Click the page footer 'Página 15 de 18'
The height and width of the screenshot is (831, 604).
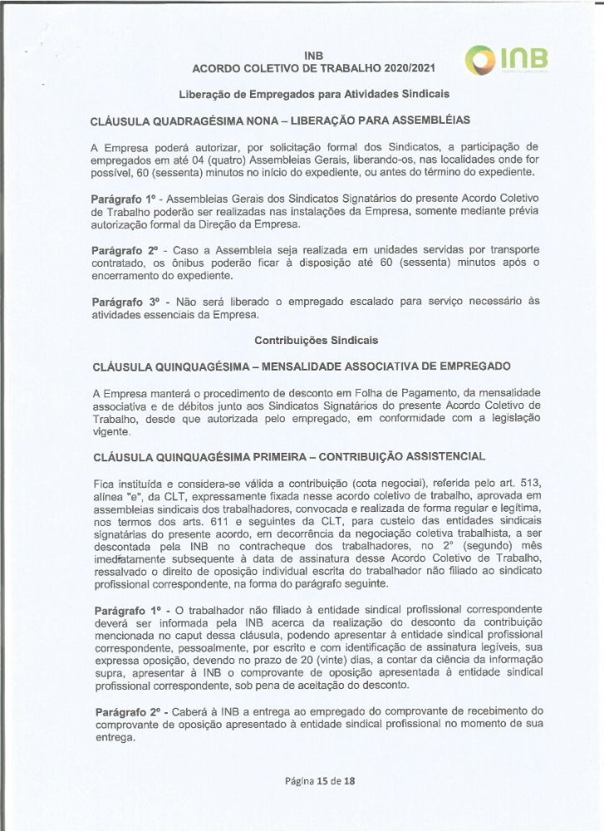pos(313,782)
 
